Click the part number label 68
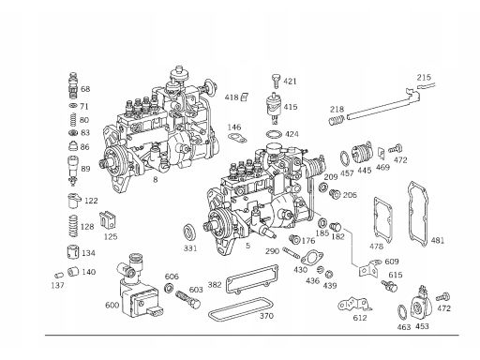click(x=85, y=89)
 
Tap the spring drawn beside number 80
click(x=72, y=120)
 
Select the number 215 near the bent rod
click(x=424, y=77)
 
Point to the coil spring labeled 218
click(x=337, y=119)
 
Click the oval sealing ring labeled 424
click(x=274, y=134)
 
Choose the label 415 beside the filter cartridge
click(x=291, y=107)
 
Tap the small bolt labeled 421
click(x=276, y=82)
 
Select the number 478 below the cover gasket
click(x=376, y=247)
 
